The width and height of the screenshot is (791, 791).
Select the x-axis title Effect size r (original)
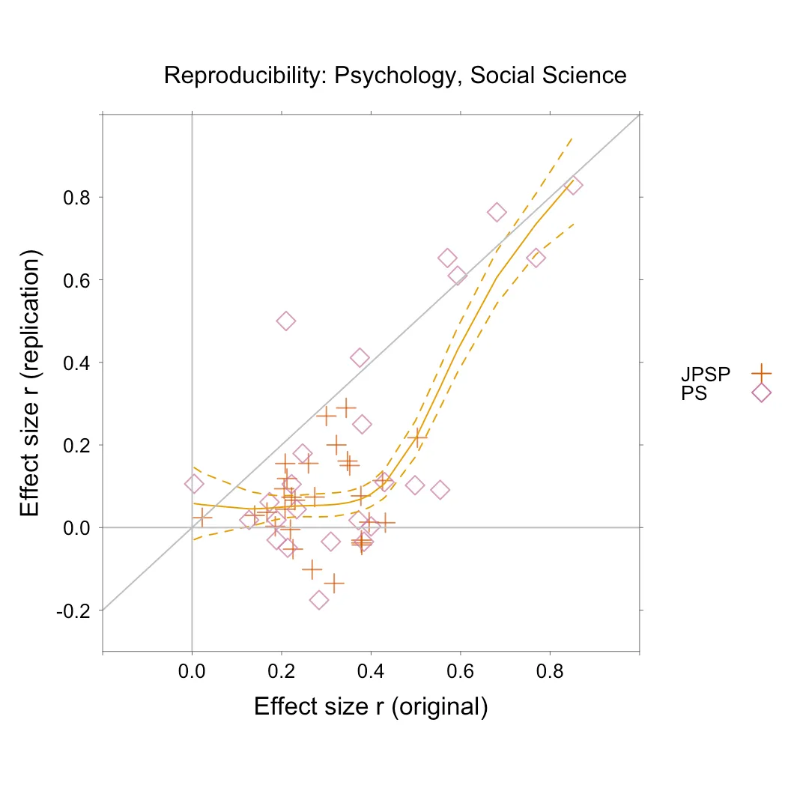pos(371,706)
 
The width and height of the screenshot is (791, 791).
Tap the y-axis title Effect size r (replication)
pos(31,383)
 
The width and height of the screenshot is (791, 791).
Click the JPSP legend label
pos(705,373)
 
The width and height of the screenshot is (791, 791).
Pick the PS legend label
pos(694,393)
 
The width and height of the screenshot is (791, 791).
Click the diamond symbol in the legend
pos(761,393)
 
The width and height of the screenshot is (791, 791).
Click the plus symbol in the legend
pos(761,372)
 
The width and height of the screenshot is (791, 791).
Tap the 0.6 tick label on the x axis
pos(460,671)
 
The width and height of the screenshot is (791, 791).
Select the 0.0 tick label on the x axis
pos(192,671)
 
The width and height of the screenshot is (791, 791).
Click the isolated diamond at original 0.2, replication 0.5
pos(285,321)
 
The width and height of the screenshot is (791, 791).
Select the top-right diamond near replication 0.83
pos(573,186)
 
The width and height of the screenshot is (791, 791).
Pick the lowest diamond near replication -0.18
pos(319,600)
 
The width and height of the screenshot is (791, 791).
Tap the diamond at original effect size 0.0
pos(193,484)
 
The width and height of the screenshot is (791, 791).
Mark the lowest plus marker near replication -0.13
pos(333,582)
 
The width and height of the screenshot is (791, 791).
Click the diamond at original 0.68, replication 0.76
pos(497,213)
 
